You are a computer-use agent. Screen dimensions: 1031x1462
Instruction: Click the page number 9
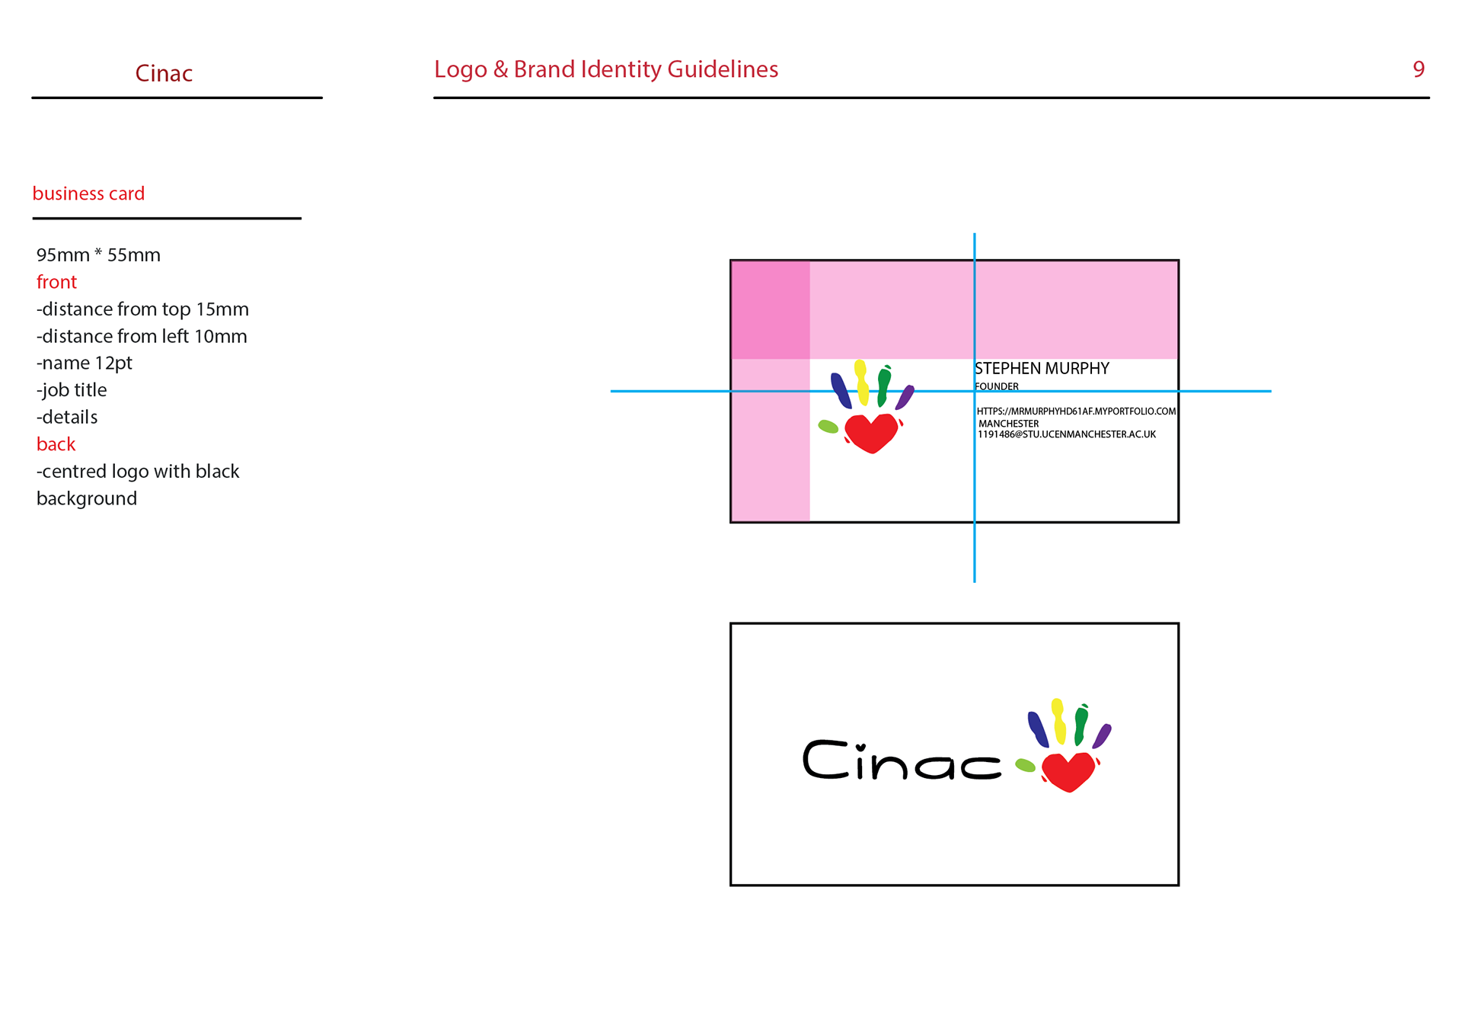(x=1418, y=69)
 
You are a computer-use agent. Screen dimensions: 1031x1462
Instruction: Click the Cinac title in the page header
(x=164, y=73)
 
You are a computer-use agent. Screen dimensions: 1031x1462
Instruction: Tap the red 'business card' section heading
(x=88, y=194)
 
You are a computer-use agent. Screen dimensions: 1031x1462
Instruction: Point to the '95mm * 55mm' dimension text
(x=98, y=255)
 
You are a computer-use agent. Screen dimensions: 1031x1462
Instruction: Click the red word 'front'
(x=56, y=282)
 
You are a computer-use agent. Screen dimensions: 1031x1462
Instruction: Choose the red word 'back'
(x=56, y=444)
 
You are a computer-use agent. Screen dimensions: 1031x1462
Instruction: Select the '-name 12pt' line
(x=85, y=363)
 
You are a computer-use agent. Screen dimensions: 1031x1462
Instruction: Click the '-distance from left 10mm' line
(x=142, y=336)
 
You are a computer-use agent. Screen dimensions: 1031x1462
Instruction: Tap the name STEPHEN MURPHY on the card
(x=1042, y=369)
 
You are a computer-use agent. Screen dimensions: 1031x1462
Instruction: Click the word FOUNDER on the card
(x=996, y=386)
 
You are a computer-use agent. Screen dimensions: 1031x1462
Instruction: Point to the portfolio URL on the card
(x=1076, y=411)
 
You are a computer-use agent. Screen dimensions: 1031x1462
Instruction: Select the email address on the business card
(x=1066, y=434)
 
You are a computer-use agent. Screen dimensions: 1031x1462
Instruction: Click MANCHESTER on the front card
(x=1008, y=424)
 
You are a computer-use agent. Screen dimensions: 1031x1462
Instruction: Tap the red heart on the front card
(x=872, y=433)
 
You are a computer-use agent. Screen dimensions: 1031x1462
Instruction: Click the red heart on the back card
(x=1068, y=771)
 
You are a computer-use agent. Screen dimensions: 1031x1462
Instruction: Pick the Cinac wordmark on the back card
(x=902, y=760)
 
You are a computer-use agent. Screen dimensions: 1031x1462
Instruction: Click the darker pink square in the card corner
(x=770, y=309)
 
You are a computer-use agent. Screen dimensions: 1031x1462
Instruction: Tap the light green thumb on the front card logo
(x=828, y=427)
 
